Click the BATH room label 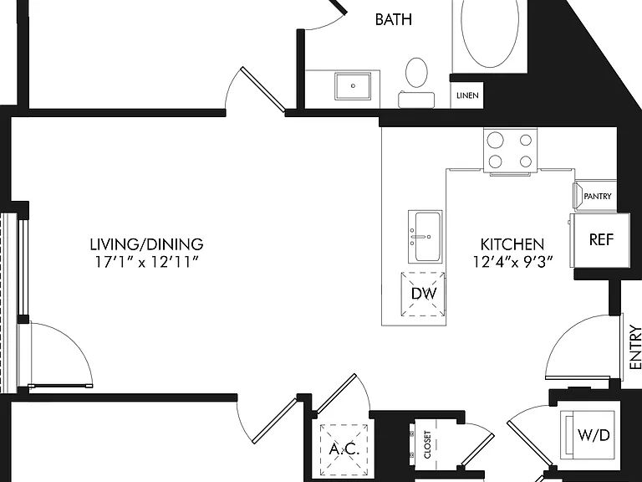[x=393, y=19]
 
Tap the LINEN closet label [x=467, y=95]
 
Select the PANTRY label [x=598, y=197]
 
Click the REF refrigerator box [x=601, y=240]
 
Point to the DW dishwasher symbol [x=423, y=294]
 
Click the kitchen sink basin [x=425, y=237]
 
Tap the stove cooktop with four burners [x=510, y=150]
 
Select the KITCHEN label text [x=512, y=244]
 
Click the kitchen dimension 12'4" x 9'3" [x=513, y=261]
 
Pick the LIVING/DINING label [x=146, y=244]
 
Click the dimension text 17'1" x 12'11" [x=146, y=261]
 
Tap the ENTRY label [x=635, y=347]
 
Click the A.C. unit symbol [x=344, y=448]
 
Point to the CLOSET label [x=427, y=444]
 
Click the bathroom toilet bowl [x=416, y=73]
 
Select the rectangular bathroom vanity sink [x=353, y=86]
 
